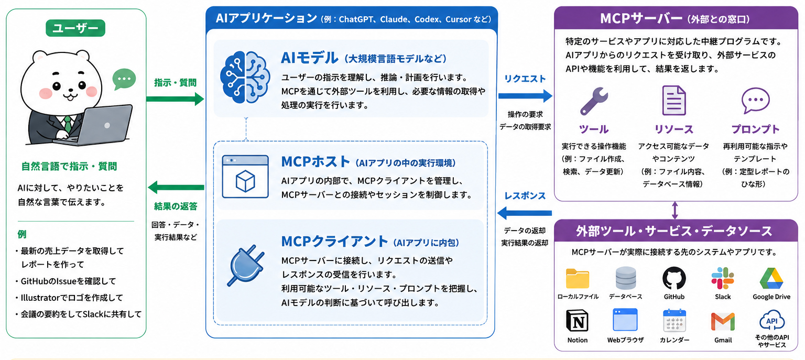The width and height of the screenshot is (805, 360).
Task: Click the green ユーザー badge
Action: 75,28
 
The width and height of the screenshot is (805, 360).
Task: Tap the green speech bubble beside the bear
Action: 124,79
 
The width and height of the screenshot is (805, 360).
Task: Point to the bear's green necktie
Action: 68,124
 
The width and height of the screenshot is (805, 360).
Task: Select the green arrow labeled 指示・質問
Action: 175,99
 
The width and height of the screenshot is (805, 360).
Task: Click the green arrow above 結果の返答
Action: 176,187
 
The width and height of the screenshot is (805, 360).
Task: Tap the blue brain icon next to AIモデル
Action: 245,77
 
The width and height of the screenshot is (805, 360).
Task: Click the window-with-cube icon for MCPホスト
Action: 245,177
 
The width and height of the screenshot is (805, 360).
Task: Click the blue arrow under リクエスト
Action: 526,96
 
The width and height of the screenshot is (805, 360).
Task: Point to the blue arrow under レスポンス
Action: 525,213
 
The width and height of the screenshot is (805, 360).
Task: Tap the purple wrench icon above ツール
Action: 594,101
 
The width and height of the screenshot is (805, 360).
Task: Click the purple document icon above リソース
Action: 674,101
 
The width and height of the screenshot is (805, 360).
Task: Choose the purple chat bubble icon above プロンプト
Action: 755,100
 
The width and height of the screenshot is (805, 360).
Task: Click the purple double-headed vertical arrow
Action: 675,210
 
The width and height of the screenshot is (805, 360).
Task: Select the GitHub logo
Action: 674,278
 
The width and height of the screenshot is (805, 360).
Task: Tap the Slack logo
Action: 723,278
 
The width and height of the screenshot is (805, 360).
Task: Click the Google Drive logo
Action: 771,278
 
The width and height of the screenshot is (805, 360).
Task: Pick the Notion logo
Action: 577,321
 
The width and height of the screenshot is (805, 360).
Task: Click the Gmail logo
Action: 723,322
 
